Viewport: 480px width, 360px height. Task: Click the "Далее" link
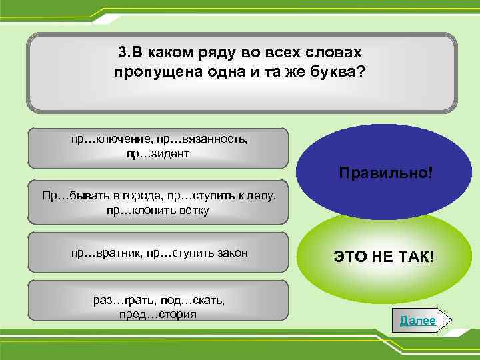418,321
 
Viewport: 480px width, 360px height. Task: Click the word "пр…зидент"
158,153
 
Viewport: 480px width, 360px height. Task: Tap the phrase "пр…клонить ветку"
158,211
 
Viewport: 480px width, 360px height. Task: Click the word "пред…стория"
158,313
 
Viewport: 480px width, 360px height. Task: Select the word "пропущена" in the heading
151,71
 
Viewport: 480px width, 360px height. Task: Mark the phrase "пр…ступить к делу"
215,197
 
